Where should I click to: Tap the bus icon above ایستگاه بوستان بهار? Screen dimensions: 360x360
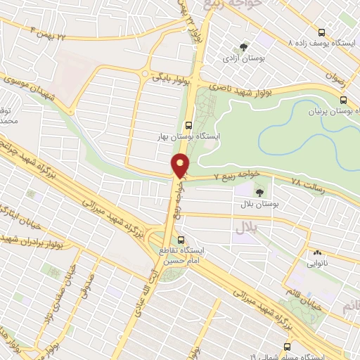point(187,124)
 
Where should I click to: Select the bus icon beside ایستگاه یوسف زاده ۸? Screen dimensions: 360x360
point(321,32)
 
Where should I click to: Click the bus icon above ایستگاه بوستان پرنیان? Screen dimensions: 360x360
point(343,100)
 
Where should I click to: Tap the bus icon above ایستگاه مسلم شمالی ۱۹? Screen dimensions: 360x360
point(286,347)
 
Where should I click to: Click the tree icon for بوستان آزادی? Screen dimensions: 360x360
point(243,47)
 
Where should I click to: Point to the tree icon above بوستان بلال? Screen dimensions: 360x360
point(260,191)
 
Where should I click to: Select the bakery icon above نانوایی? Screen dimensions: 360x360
point(318,252)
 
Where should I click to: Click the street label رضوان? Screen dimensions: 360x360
point(338,81)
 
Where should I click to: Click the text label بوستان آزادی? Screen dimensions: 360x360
point(243,59)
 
